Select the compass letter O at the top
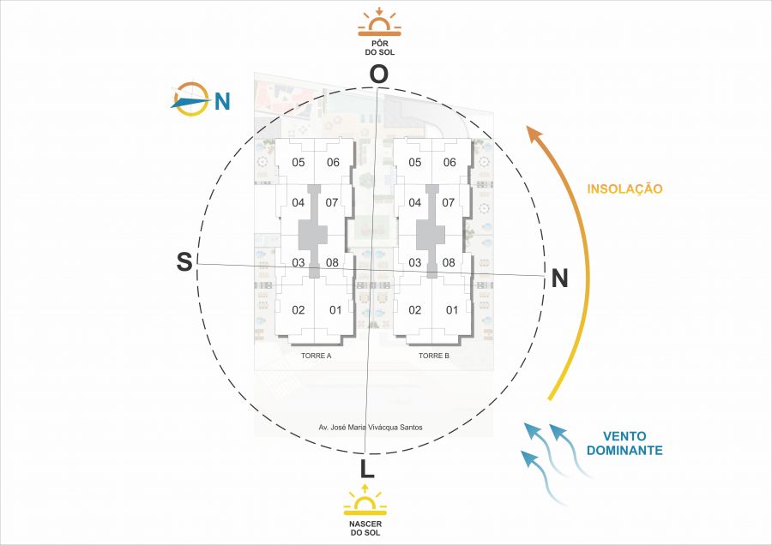pos(378,75)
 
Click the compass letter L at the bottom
pos(367,469)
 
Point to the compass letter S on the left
pos(184,262)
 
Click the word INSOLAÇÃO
pos(624,189)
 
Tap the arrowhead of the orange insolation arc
pos(534,135)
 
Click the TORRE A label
pos(316,355)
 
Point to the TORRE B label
pos(434,355)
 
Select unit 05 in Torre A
pos(299,163)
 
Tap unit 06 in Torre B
pos(449,163)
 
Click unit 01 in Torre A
pos(335,309)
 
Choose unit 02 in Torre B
pos(414,309)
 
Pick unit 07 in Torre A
pos(333,203)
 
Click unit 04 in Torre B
pos(415,203)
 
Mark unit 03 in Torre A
pos(299,262)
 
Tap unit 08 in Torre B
pos(448,262)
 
